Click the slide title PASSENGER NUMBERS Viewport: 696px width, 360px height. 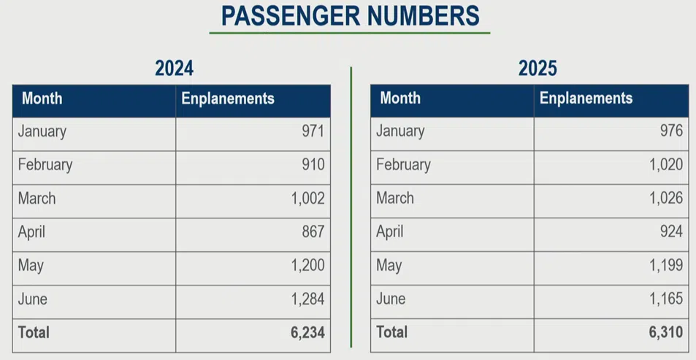point(350,16)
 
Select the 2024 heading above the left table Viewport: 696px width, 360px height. point(174,69)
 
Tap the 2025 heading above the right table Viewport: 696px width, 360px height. point(538,69)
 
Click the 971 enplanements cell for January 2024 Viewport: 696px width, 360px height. point(313,131)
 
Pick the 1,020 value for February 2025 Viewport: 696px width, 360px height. point(666,165)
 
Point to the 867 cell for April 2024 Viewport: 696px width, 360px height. point(313,232)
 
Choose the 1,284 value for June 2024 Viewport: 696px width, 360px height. point(307,299)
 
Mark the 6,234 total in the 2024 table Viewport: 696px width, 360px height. point(307,333)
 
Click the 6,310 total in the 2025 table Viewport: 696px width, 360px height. point(665,333)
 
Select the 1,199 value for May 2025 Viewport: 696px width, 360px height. point(666,266)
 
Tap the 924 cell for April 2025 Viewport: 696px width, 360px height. point(670,232)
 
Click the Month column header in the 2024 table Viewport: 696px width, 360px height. point(42,99)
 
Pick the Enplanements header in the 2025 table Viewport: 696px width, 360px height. point(586,99)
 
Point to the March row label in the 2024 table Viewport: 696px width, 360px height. point(37,199)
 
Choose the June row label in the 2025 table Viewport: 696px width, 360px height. point(391,299)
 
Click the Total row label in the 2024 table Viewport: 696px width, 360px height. point(34,333)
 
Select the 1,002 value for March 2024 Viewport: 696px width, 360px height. point(307,199)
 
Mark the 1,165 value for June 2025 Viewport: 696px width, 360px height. point(666,299)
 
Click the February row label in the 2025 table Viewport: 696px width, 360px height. point(403,165)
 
